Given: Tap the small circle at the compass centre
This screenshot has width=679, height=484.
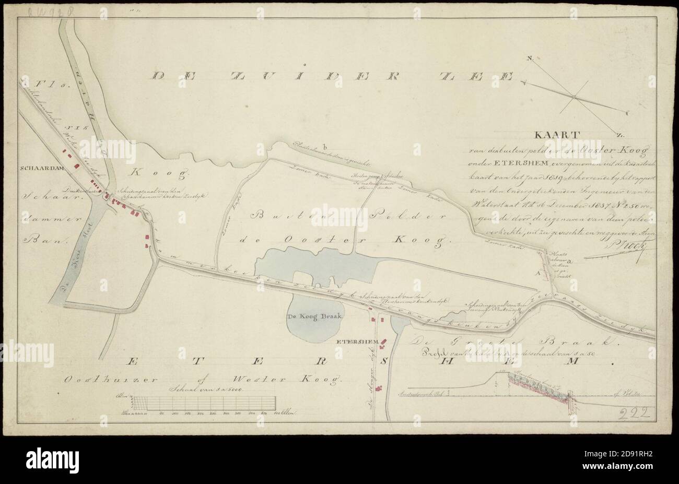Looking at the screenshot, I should click(x=573, y=97).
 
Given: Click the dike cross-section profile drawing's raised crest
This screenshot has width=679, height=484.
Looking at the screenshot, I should click(x=502, y=372).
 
